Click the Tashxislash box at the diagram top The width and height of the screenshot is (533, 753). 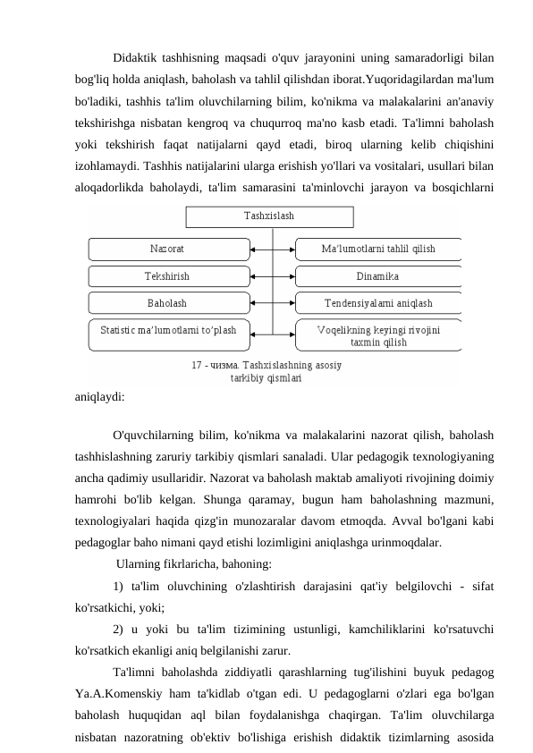(269, 216)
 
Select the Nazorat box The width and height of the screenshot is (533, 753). (166, 248)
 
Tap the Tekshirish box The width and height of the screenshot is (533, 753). (166, 276)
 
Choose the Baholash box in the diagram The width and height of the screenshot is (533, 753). (166, 303)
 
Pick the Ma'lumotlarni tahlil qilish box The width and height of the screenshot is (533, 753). (377, 248)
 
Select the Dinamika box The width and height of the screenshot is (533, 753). (377, 276)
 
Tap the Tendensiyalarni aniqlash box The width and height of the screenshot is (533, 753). (377, 303)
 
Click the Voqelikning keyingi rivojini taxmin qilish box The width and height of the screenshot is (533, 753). (377, 335)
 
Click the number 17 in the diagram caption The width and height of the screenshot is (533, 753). (197, 365)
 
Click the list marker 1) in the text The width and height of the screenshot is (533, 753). (119, 586)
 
